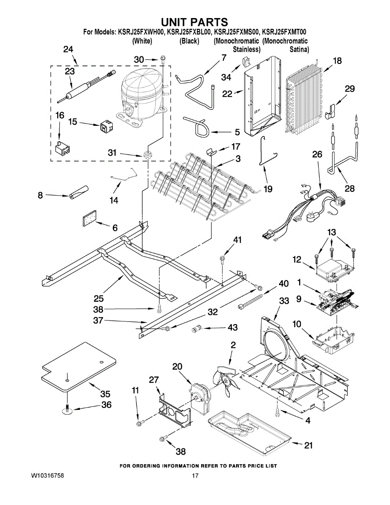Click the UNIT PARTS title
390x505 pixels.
pos(194,22)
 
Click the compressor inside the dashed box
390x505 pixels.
pos(142,97)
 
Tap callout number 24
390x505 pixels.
pos(68,49)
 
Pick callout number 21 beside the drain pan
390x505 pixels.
pos(308,446)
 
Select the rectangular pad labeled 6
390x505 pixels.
pos(90,218)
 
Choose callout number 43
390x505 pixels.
pos(233,327)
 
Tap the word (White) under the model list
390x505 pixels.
pos(142,41)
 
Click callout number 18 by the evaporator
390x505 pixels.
pos(337,61)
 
